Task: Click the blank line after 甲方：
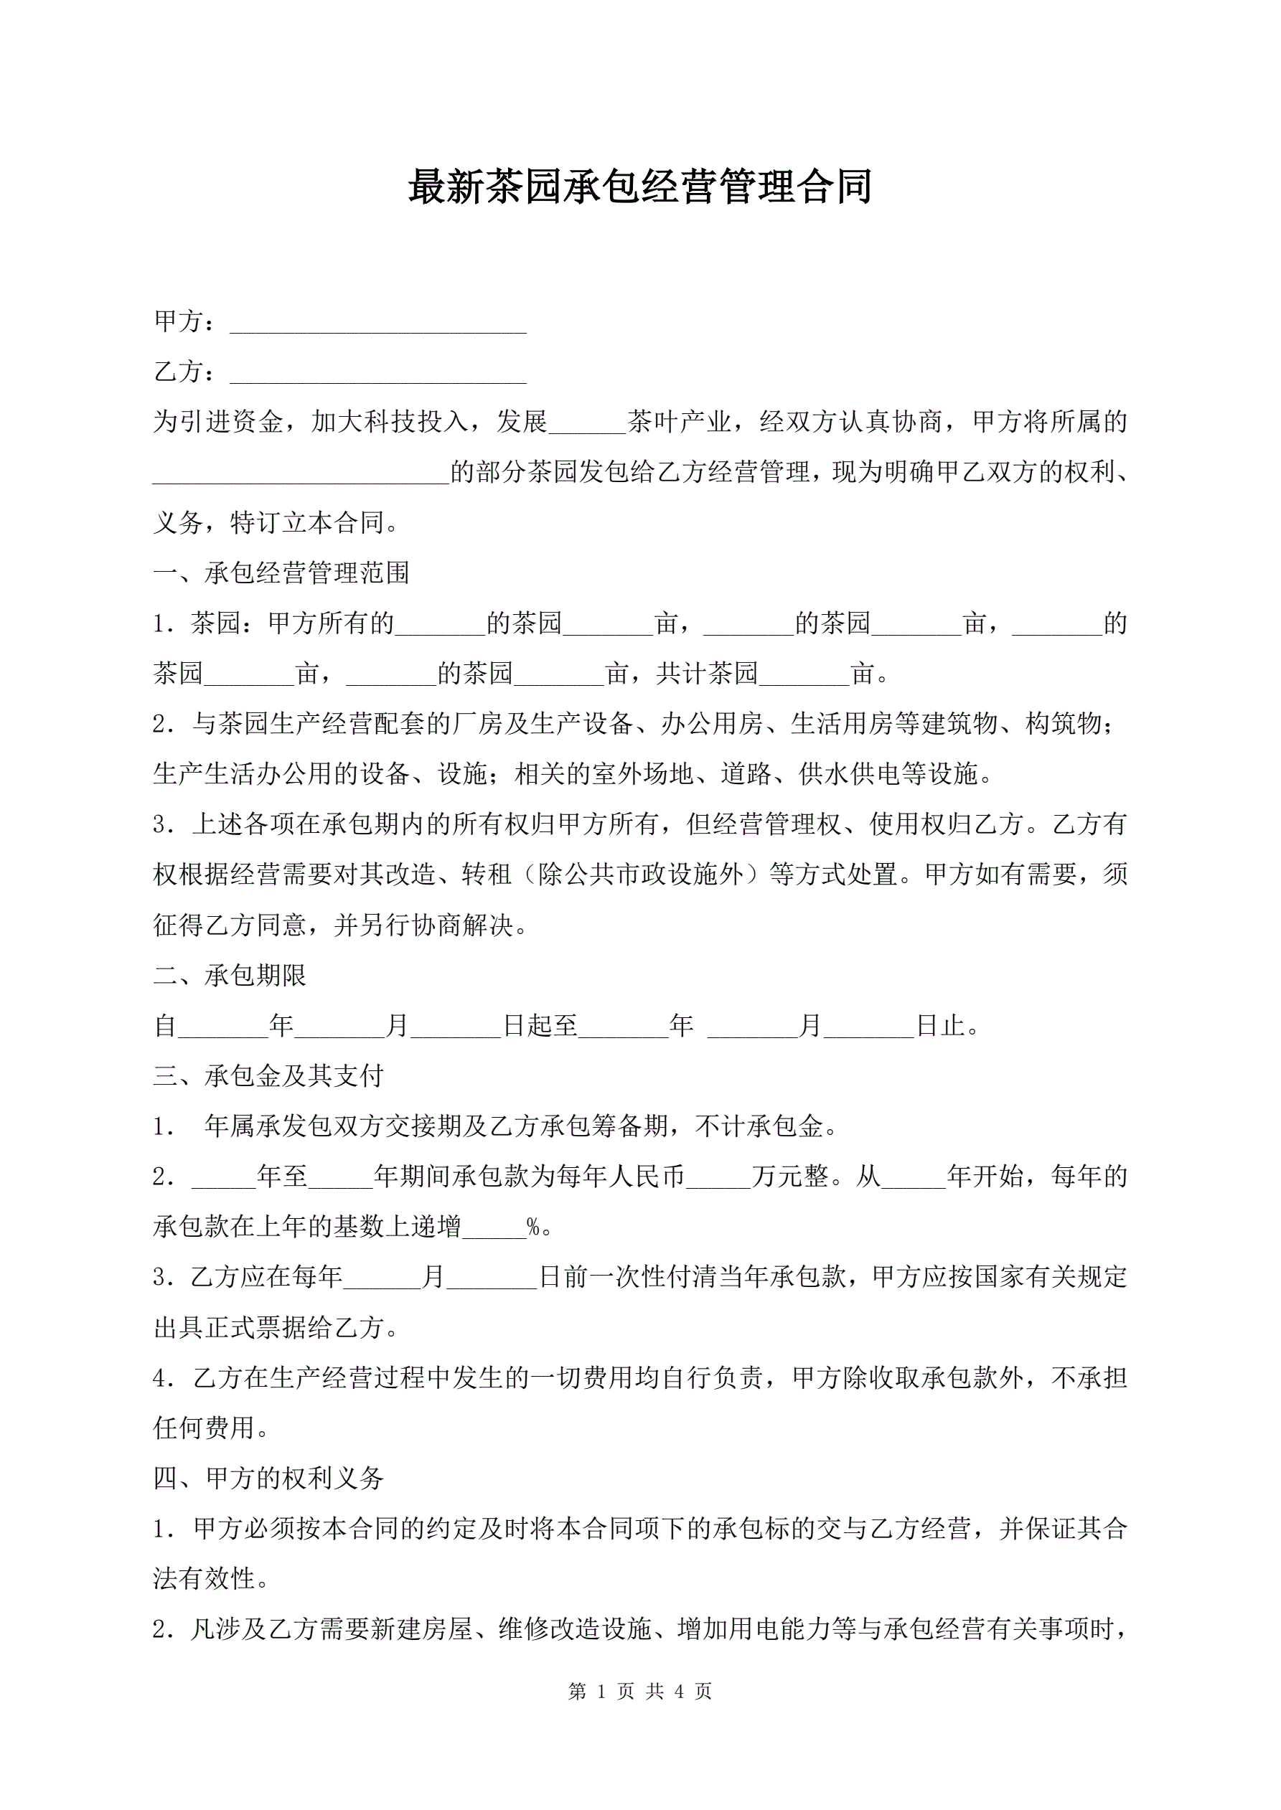point(377,324)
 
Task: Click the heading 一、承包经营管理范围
point(281,573)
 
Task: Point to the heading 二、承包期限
point(230,975)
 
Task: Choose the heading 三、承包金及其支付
point(268,1075)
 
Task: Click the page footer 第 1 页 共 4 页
point(639,1691)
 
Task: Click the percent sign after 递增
point(533,1227)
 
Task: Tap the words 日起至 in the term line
point(540,1026)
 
